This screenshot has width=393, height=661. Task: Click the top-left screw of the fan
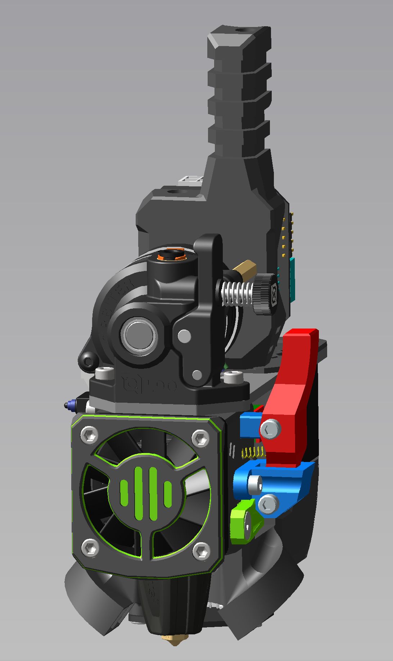pos(89,435)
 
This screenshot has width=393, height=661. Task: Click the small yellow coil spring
pos(254,453)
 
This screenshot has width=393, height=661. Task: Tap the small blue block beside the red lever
pos(249,425)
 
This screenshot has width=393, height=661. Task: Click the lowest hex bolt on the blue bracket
pos(268,504)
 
